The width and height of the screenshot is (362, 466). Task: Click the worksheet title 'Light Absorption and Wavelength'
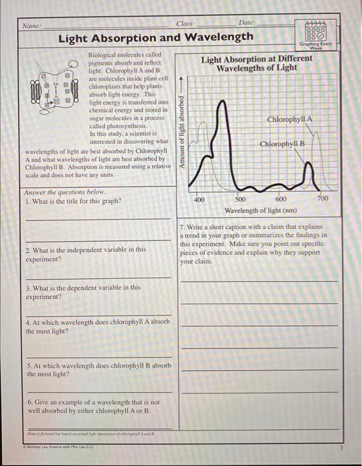[155, 37]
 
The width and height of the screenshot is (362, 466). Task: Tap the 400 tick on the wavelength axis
[199, 199]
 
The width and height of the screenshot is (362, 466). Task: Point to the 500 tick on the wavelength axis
[241, 199]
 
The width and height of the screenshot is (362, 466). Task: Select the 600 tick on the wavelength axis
[281, 199]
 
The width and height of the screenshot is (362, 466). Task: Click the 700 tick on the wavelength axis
[323, 199]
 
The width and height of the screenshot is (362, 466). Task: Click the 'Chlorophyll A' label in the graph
[289, 119]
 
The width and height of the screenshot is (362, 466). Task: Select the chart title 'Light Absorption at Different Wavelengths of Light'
[257, 63]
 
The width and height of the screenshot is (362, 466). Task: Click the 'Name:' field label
[31, 25]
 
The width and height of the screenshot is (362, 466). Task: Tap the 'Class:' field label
[187, 23]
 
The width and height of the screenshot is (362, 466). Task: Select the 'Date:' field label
[247, 23]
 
